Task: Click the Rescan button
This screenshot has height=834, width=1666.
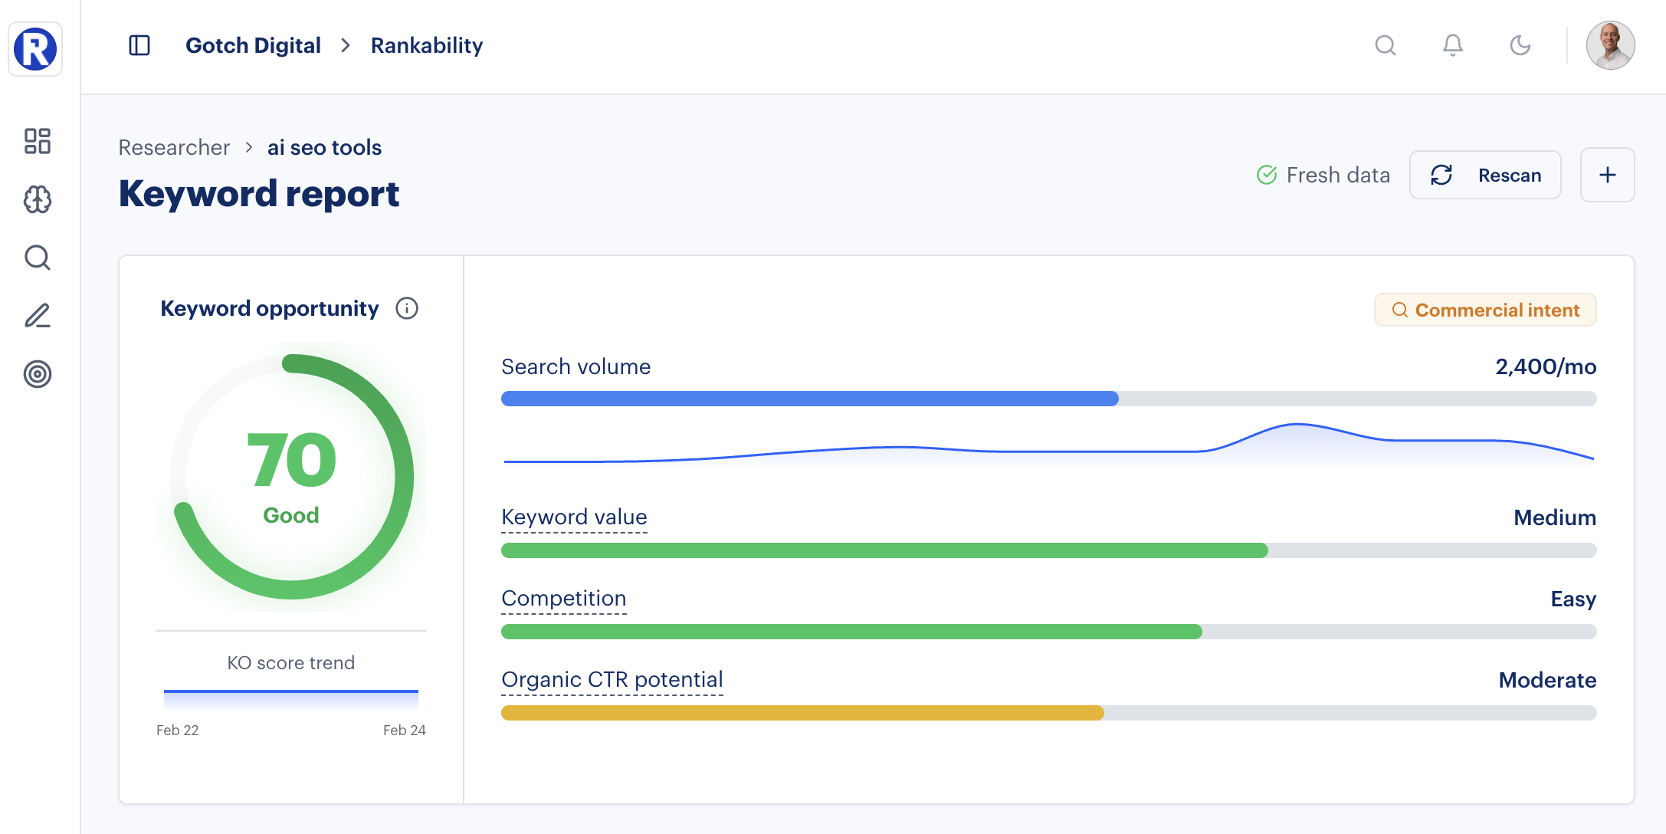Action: coord(1485,176)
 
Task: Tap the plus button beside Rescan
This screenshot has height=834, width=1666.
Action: coord(1607,176)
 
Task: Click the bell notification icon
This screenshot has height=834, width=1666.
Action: coord(1452,45)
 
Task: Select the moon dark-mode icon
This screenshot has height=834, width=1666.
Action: coord(1520,45)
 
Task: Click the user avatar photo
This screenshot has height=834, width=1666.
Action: coord(1610,45)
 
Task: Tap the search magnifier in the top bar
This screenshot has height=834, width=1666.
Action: coord(1385,45)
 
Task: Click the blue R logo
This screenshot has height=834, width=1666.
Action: coord(35,49)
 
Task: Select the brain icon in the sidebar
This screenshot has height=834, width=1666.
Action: coord(37,199)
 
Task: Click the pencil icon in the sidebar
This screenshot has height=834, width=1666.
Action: coord(37,316)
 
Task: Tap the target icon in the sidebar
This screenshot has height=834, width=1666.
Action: coord(37,374)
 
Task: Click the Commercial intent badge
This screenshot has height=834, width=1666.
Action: coord(1485,310)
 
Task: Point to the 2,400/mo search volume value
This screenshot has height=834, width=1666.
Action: coord(1545,366)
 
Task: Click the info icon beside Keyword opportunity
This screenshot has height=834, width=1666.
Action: coord(407,308)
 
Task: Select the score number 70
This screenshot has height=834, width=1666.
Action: coord(291,460)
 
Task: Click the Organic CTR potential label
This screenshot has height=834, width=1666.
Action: coord(612,680)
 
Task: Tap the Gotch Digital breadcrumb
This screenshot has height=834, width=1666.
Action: coord(253,45)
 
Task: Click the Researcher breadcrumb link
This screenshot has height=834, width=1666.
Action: coord(174,147)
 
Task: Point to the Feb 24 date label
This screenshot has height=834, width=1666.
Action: coord(404,730)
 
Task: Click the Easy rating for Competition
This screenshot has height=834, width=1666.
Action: coord(1573,599)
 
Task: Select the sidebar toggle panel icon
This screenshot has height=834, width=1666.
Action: coord(139,45)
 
